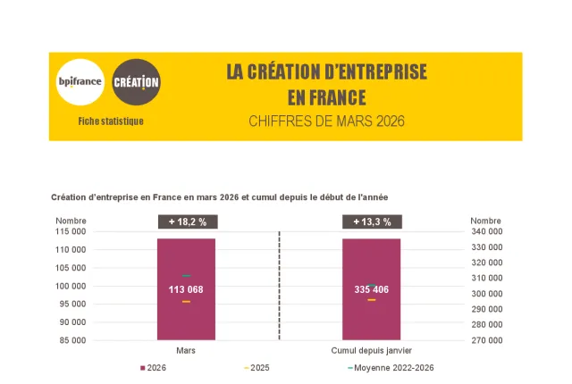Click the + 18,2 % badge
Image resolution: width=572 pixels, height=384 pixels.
187,222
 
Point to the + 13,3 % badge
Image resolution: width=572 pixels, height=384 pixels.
372,222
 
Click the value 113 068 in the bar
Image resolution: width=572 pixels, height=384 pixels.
186,289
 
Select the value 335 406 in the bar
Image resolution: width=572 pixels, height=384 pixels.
371,289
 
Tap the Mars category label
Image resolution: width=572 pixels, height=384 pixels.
186,351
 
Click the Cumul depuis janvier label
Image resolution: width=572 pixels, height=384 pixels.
371,351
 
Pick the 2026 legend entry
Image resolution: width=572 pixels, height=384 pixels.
154,368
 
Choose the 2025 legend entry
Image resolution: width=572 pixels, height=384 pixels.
257,368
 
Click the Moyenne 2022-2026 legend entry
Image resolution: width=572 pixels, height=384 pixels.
390,368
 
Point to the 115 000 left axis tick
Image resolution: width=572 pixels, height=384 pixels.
71,231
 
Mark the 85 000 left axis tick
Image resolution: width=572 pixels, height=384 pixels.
73,340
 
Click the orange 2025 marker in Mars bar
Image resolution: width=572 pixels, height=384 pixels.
186,302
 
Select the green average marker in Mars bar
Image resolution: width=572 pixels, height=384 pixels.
186,275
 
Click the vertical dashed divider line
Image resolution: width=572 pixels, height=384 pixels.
280,286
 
